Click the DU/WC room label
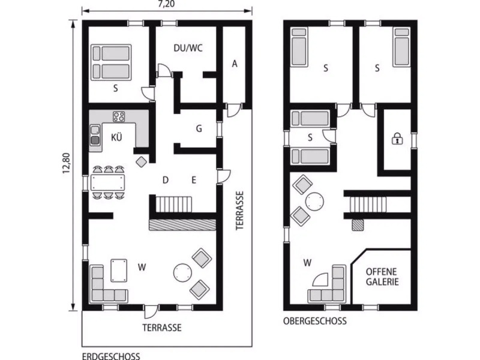tap(188, 48)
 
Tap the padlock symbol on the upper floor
tap(397, 139)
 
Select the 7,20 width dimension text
tap(167, 4)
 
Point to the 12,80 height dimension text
tap(67, 163)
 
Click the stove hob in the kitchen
tap(119, 116)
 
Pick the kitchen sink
tap(95, 134)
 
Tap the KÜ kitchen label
tap(116, 137)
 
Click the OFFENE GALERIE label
tap(382, 277)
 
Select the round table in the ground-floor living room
tap(182, 272)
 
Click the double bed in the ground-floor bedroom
tap(112, 62)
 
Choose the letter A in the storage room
tap(235, 64)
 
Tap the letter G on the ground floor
tap(199, 128)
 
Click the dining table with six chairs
tap(108, 182)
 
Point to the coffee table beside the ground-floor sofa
tap(119, 271)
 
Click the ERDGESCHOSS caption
tap(111, 356)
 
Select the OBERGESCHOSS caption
tap(314, 321)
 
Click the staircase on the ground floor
tap(174, 204)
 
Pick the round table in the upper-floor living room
tap(314, 202)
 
